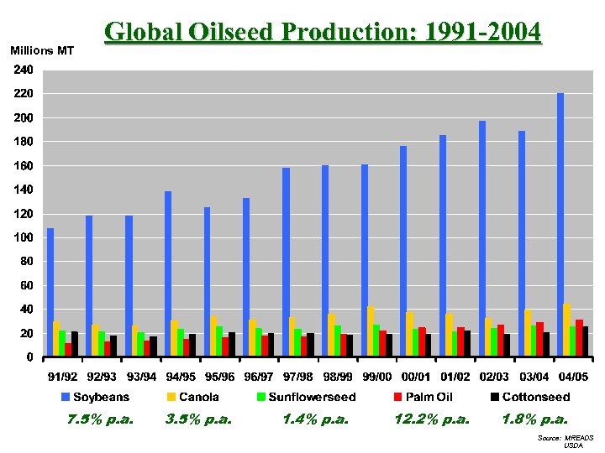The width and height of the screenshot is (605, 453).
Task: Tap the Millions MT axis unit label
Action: pyautogui.click(x=42, y=51)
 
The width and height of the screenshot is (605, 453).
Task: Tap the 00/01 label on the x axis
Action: pyautogui.click(x=416, y=377)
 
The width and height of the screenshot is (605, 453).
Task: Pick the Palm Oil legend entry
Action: pyautogui.click(x=429, y=397)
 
